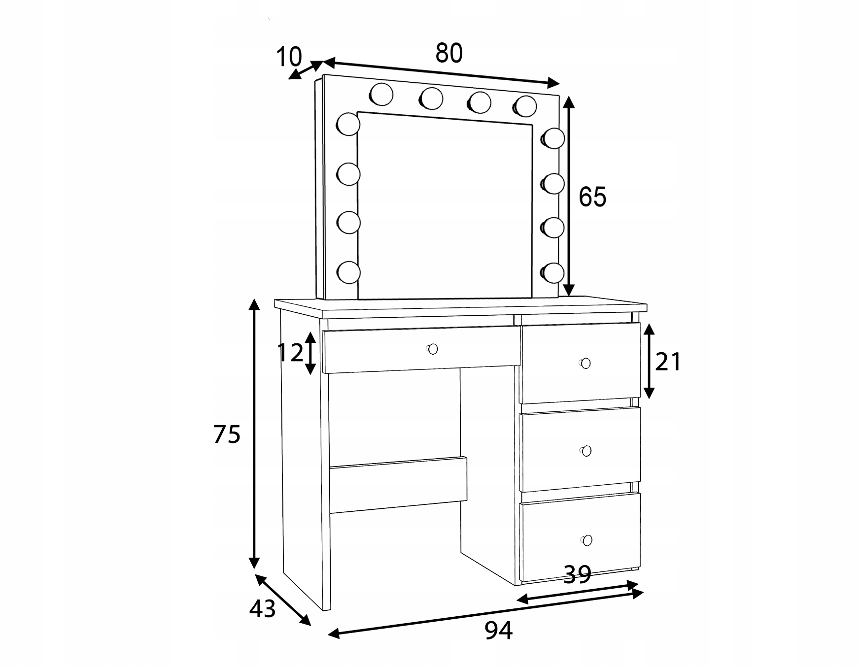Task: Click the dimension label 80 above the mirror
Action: click(449, 53)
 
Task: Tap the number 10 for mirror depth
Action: click(288, 57)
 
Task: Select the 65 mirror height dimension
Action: click(592, 197)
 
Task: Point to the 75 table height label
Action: click(227, 434)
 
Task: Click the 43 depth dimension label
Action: click(262, 609)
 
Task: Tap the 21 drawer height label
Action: click(668, 362)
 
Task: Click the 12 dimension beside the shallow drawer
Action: click(290, 353)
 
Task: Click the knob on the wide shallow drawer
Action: click(432, 349)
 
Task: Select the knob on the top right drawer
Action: click(585, 363)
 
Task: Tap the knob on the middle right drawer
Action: click(585, 451)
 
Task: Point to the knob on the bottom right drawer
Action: click(586, 540)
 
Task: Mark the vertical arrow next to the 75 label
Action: click(254, 434)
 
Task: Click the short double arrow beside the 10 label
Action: click(306, 69)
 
